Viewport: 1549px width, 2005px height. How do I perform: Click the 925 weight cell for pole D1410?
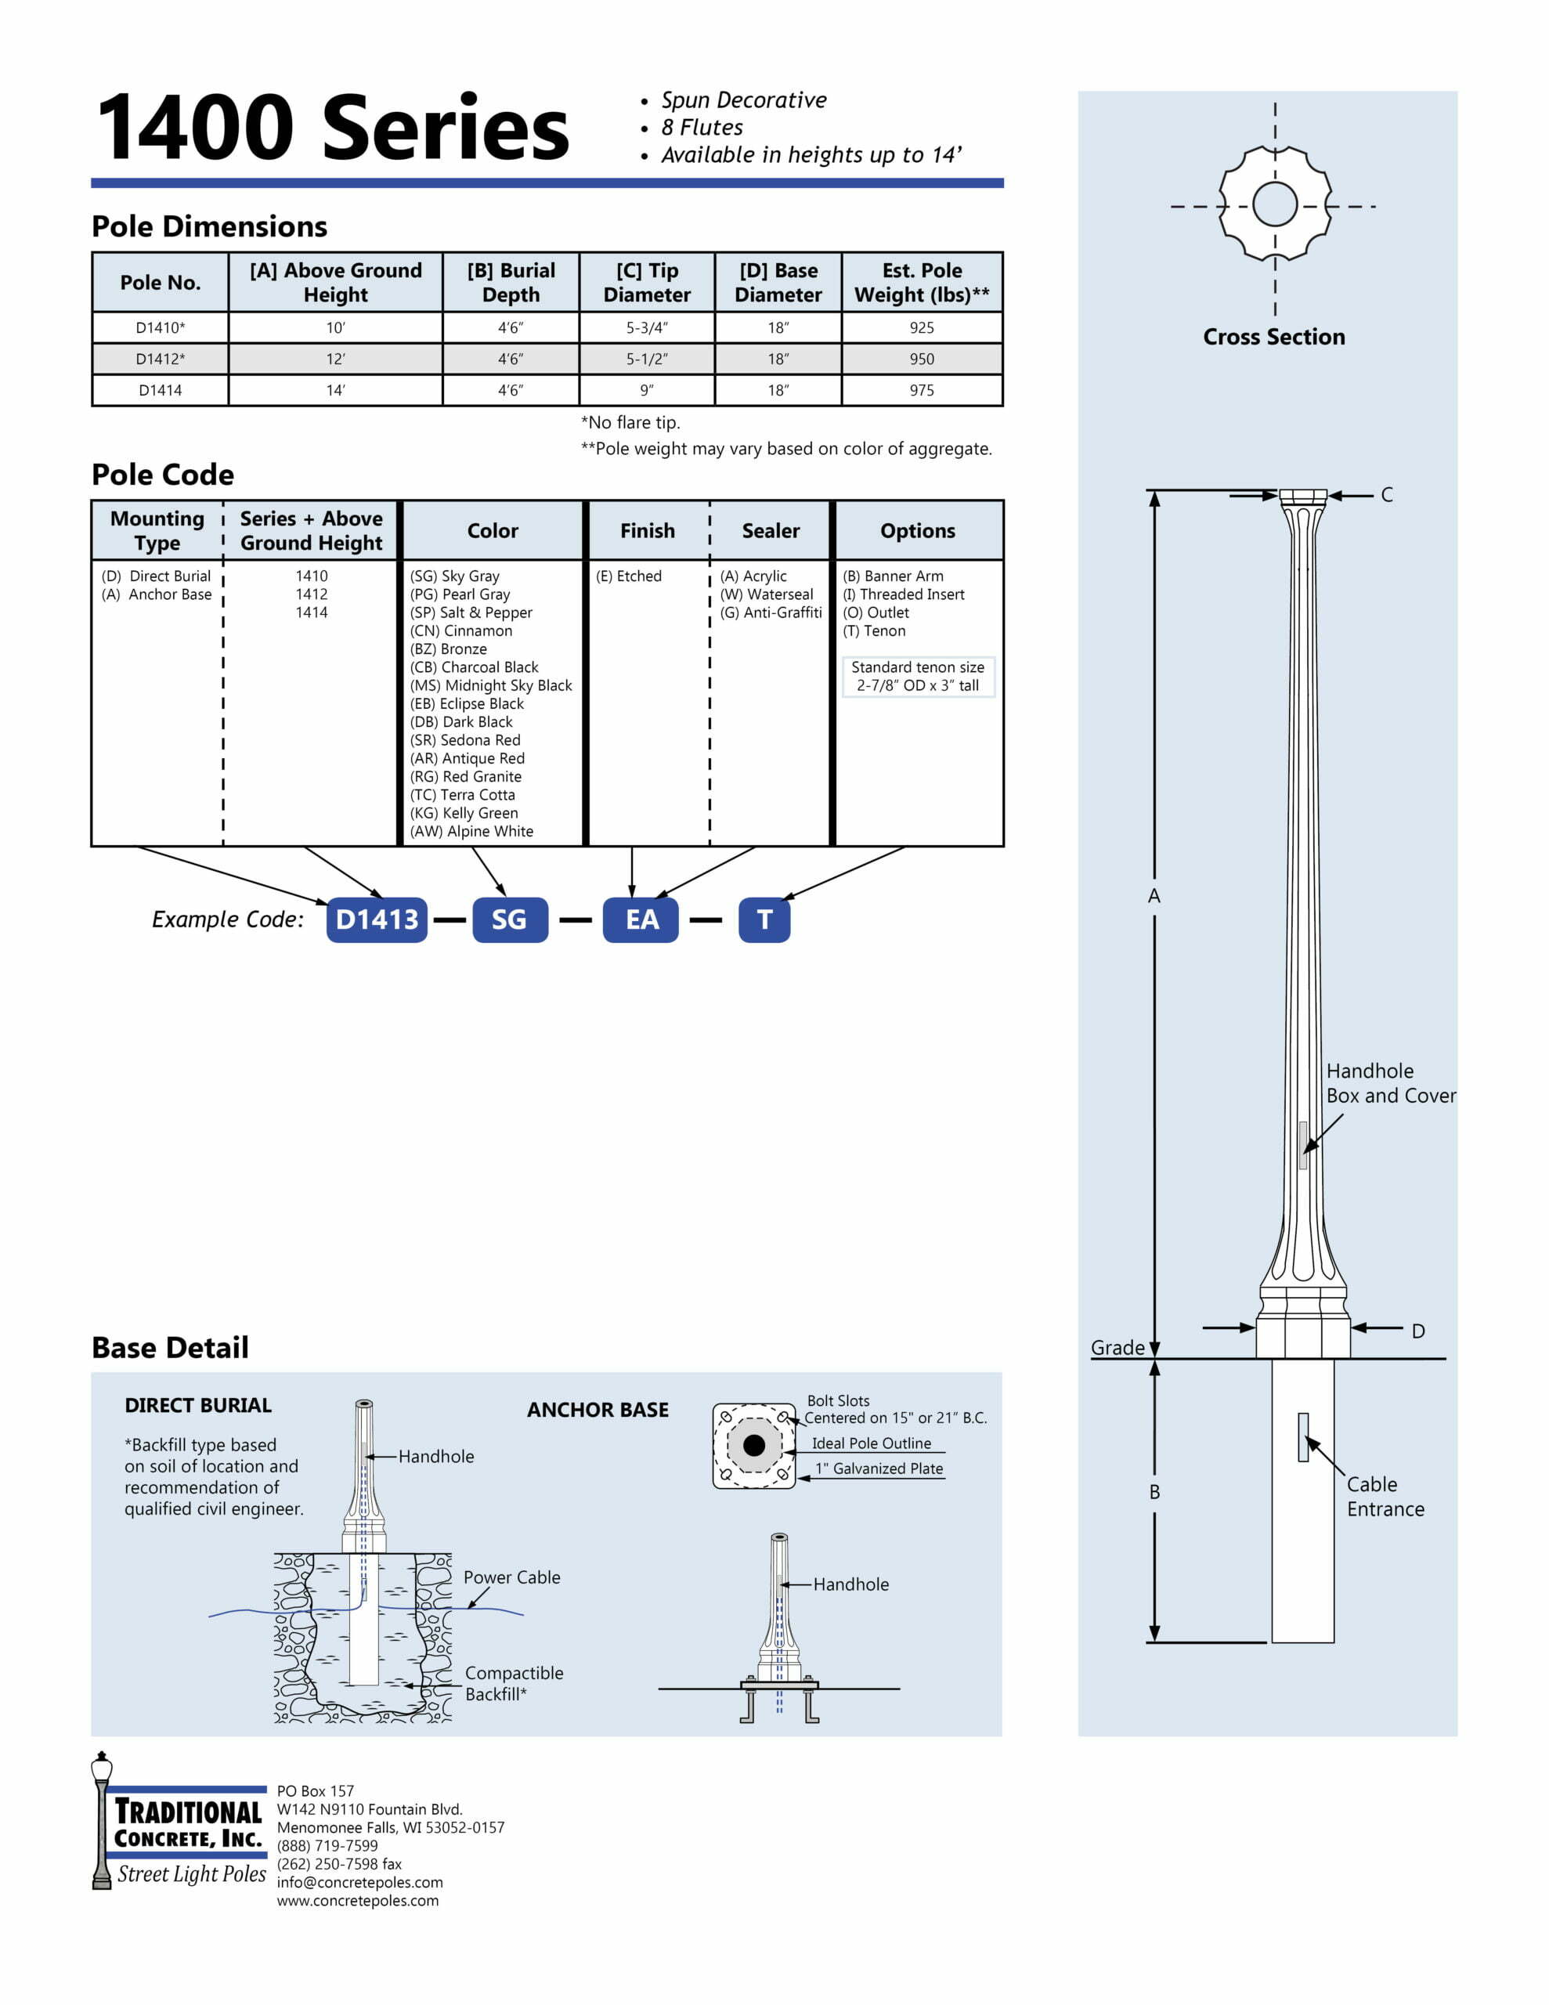pyautogui.click(x=921, y=327)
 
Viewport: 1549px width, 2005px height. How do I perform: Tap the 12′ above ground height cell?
pyautogui.click(x=335, y=359)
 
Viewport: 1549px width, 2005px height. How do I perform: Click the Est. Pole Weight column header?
pyautogui.click(x=921, y=282)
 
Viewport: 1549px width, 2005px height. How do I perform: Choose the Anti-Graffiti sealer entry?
pyautogui.click(x=771, y=612)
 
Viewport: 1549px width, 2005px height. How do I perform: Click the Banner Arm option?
pyautogui.click(x=893, y=576)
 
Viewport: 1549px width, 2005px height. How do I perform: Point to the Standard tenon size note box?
pyautogui.click(x=917, y=677)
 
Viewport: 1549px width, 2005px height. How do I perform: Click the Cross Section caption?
pyautogui.click(x=1273, y=337)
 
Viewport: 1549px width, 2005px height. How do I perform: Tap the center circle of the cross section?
pyautogui.click(x=1274, y=204)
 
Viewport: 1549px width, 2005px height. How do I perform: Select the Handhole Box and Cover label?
pyautogui.click(x=1390, y=1083)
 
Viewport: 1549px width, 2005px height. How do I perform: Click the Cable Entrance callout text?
pyautogui.click(x=1385, y=1497)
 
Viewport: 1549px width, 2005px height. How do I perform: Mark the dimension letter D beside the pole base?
pyautogui.click(x=1417, y=1331)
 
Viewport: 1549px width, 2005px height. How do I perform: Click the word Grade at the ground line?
pyautogui.click(x=1118, y=1348)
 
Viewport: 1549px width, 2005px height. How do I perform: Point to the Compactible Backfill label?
pyautogui.click(x=513, y=1684)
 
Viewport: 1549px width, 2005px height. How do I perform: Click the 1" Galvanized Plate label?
pyautogui.click(x=879, y=1468)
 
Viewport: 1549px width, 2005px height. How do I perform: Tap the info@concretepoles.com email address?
pyautogui.click(x=360, y=1882)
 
